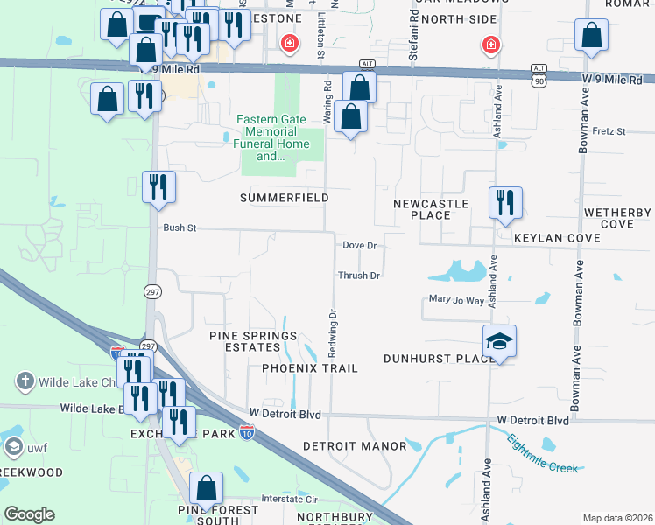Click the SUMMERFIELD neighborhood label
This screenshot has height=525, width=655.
285,199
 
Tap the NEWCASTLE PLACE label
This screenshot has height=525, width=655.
430,209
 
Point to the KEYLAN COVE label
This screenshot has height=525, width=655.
557,238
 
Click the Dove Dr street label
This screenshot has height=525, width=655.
359,246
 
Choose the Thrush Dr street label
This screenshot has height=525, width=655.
359,276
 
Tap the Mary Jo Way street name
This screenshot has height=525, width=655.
456,300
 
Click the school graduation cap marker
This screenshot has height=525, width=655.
499,341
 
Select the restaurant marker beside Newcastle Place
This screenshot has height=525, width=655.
505,202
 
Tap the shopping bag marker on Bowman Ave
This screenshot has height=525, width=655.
592,35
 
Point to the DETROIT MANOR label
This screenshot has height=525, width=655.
355,446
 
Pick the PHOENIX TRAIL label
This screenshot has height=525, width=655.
310,368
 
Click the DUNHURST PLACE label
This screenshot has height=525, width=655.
429,359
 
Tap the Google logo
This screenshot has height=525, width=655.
29,514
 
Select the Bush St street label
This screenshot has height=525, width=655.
180,227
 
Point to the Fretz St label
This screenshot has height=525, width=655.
609,131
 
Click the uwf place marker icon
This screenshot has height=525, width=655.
13,448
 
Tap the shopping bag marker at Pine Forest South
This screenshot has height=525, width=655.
206,490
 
